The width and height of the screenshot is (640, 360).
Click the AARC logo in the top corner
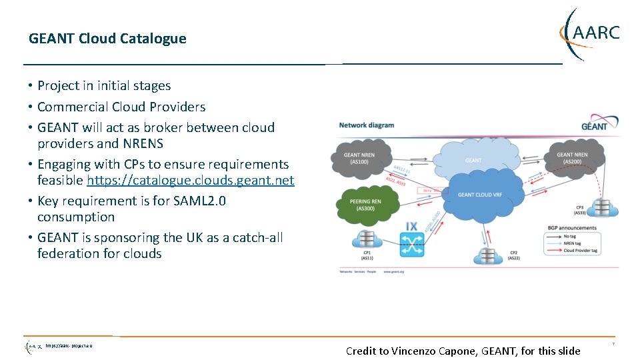coord(589,33)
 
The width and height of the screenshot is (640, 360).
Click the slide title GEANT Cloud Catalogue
coord(107,39)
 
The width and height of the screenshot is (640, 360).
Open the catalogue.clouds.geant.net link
coord(190,180)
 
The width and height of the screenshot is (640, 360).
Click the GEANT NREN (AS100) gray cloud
coord(361,158)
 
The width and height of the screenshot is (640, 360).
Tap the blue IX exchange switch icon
coord(411,241)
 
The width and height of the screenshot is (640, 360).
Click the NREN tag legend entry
coord(574,243)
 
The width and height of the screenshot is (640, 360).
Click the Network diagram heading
coord(366,125)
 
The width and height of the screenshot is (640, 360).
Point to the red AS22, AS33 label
coord(396,181)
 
